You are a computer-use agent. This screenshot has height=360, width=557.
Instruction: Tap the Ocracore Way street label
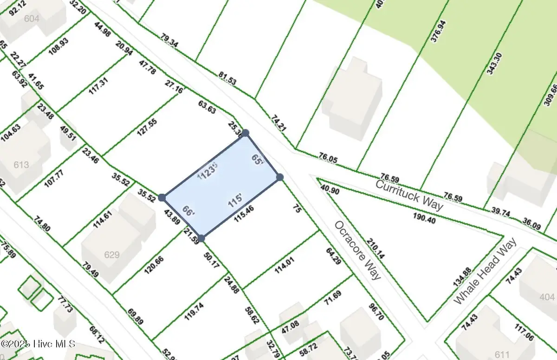point(358,250)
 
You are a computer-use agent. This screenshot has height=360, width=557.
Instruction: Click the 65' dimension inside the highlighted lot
point(258,160)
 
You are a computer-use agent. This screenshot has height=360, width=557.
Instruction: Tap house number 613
point(21,165)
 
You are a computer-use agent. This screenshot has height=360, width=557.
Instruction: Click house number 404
point(547,296)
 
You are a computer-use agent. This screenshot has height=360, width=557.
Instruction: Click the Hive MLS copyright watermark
point(38,345)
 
